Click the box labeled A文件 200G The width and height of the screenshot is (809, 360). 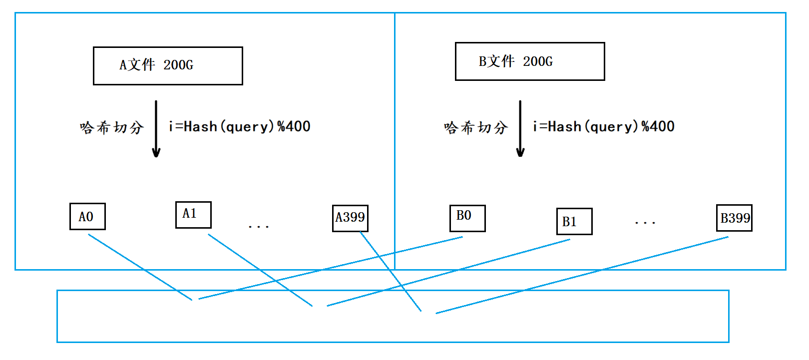click(168, 66)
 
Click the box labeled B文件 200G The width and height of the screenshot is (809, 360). click(530, 61)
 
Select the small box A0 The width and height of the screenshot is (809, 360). click(87, 216)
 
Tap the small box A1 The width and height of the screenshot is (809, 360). click(193, 215)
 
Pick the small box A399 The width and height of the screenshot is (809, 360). click(350, 218)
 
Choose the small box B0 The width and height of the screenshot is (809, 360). click(467, 218)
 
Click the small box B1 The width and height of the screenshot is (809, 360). click(574, 221)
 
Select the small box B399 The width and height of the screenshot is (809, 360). click(734, 218)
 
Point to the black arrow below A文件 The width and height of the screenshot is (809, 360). click(156, 129)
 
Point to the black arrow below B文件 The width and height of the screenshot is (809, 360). click(520, 129)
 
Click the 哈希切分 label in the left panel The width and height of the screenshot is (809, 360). click(111, 128)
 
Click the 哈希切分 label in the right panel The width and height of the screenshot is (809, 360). click(475, 128)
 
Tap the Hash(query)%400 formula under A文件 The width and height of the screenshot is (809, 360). click(240, 127)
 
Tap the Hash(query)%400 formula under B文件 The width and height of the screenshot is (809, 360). click(604, 127)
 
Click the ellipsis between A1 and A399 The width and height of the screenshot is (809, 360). click(259, 227)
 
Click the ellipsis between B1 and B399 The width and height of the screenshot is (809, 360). click(645, 223)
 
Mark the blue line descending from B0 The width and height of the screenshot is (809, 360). click(330, 268)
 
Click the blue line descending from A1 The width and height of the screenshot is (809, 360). click(260, 270)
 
